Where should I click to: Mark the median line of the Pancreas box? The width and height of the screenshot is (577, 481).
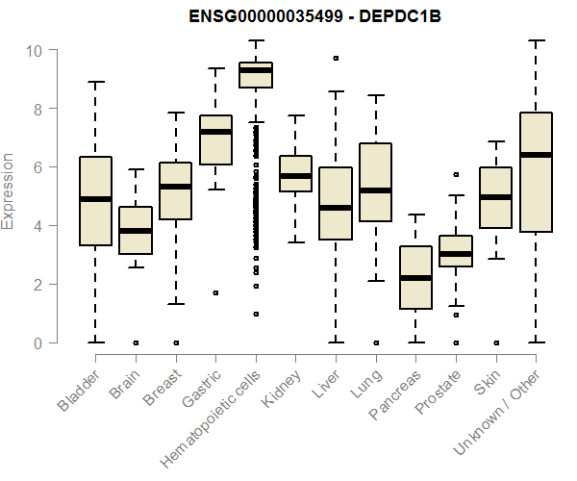[415, 278]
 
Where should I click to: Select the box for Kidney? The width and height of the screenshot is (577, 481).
[295, 174]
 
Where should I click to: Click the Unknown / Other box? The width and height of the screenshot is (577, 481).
[536, 172]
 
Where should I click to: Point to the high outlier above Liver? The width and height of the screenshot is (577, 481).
[336, 58]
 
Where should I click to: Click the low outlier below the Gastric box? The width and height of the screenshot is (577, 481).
[215, 292]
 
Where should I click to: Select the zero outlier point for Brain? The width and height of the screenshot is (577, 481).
[136, 342]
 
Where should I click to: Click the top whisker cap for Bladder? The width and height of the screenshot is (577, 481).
[95, 82]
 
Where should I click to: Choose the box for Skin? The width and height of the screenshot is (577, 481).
[495, 197]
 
